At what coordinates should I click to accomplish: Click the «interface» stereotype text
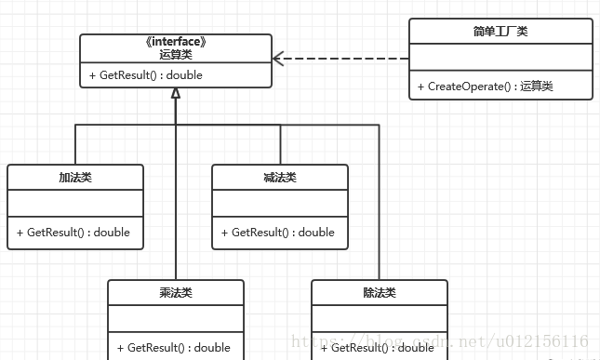coord(176,42)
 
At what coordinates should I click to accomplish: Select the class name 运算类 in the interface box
coord(176,55)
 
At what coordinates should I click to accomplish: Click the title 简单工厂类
coord(500,32)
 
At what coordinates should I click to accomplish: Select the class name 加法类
coord(75,177)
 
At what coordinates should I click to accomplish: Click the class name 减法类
coord(280,177)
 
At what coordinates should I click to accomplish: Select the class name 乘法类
coord(176,292)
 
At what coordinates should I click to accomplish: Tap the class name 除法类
coord(380,292)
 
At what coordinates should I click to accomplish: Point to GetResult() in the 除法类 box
coord(382,348)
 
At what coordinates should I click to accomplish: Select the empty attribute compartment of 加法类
coord(75,203)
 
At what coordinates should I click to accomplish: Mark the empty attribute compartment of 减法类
coord(280,203)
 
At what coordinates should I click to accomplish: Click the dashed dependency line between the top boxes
coord(344,59)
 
